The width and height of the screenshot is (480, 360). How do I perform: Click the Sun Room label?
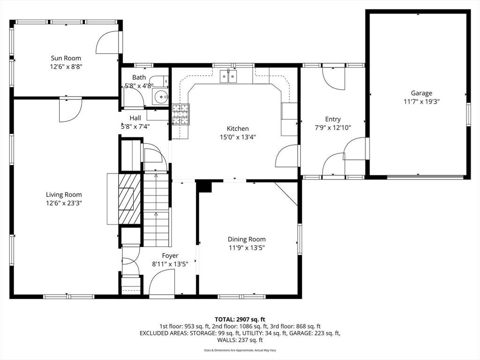point(66,58)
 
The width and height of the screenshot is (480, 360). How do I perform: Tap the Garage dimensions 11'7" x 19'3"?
point(421,102)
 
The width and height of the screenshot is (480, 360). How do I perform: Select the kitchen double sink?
point(228,76)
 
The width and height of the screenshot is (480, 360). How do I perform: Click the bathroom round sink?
point(161,97)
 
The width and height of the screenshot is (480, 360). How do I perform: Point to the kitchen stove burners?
point(180,114)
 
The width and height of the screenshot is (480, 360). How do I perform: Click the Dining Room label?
point(247,239)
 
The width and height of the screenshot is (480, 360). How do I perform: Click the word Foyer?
point(170,255)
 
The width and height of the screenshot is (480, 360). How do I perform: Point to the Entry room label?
point(333,119)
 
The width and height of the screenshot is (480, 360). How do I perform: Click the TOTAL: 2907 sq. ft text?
point(240,320)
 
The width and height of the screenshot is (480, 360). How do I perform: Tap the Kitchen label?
point(238,128)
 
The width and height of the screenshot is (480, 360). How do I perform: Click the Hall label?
point(135,118)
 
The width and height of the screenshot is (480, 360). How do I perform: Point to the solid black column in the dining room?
point(203,186)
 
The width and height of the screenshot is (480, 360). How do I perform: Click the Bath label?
point(139,77)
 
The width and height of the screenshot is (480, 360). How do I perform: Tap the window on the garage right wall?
point(468,114)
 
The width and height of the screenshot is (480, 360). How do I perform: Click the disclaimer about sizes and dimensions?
point(240,350)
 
